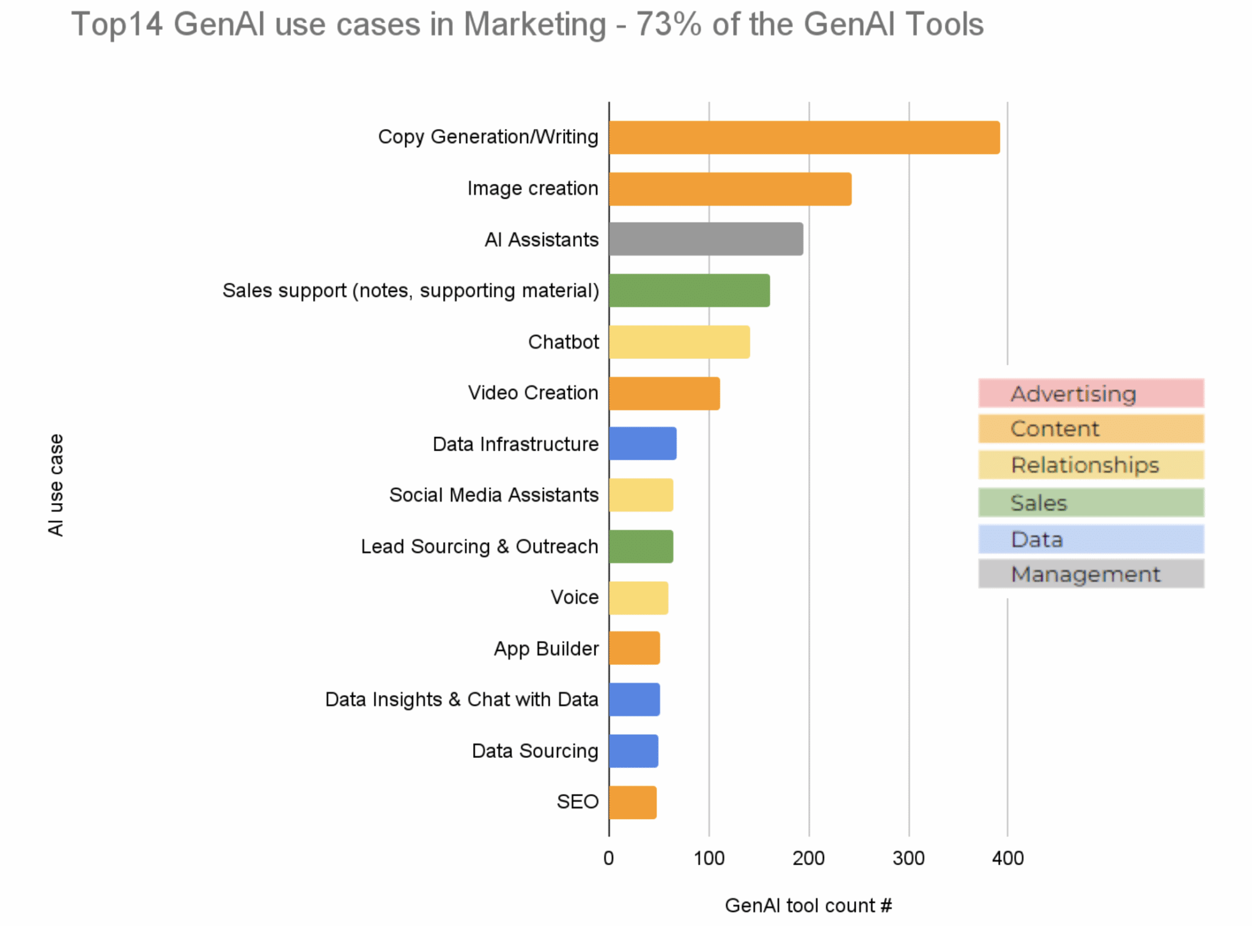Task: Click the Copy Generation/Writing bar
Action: coord(804,138)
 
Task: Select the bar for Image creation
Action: coord(730,189)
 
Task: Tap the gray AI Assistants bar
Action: coord(706,239)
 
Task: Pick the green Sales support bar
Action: coord(689,290)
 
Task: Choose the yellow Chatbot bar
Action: coord(679,342)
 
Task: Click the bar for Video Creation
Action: coord(665,393)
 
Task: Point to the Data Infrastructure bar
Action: coord(643,444)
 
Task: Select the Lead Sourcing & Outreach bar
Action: coord(641,546)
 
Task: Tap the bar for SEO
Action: coord(633,803)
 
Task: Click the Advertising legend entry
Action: coord(1091,394)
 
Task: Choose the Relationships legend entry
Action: coord(1091,465)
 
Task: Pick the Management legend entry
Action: coord(1091,574)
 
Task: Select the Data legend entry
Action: coord(1091,539)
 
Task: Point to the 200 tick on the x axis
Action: coord(808,858)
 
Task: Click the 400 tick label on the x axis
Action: coord(1007,858)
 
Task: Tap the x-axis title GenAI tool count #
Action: coord(808,905)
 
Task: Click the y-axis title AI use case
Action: coord(56,485)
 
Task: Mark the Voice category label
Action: coord(574,597)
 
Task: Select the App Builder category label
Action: coord(546,649)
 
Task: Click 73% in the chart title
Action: coord(669,25)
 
